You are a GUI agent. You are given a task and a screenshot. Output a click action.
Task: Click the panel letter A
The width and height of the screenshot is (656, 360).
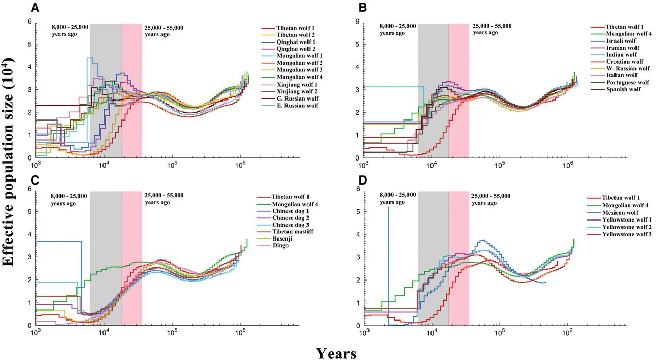pos(35,7)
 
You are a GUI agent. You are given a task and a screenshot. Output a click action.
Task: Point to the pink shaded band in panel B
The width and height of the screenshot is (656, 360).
pos(459,92)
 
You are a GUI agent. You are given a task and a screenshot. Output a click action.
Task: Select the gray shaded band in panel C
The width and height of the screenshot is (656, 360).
pos(106,256)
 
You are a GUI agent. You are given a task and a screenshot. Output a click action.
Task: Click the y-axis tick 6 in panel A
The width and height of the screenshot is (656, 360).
pos(30,22)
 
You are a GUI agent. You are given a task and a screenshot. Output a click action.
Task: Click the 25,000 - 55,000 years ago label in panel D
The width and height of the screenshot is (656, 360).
pos(491,199)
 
